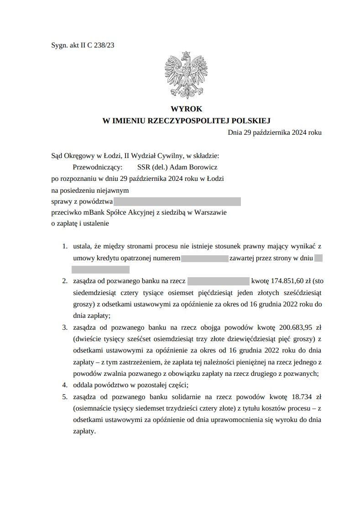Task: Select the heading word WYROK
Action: (x=186, y=109)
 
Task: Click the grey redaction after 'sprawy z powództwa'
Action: (x=177, y=201)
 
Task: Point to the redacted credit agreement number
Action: (x=204, y=258)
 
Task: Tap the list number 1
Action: (x=64, y=246)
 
